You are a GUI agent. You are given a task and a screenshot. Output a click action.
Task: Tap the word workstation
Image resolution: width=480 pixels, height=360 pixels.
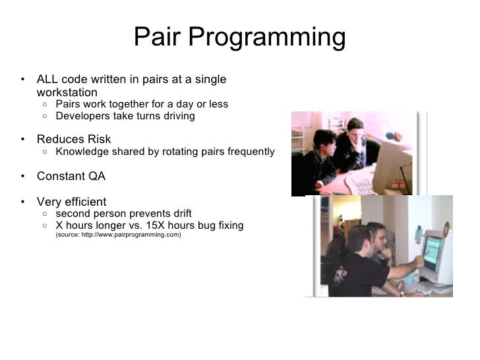pos(67,92)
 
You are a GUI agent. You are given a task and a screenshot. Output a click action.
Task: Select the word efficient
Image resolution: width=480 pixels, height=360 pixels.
pos(84,201)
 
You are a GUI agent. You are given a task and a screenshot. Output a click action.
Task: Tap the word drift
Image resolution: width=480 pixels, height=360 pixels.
pos(180,214)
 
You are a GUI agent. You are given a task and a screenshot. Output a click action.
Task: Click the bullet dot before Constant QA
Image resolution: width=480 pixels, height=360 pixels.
pos(22,177)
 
